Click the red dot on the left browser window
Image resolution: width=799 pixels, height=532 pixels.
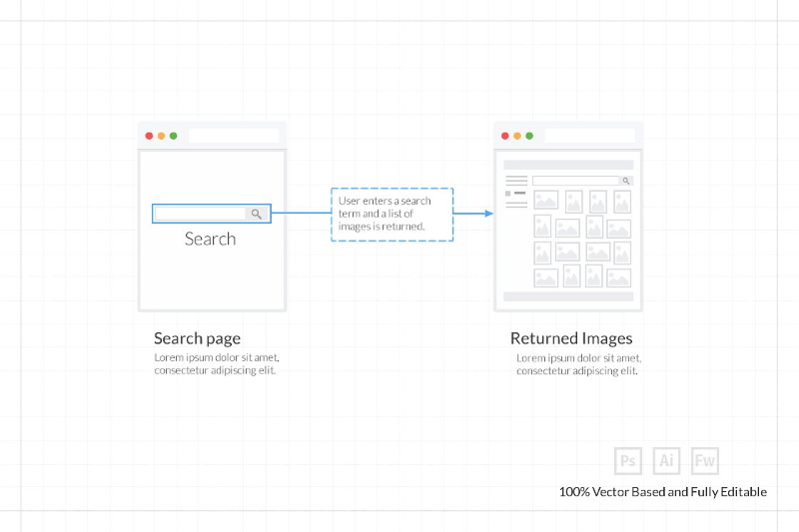click(149, 136)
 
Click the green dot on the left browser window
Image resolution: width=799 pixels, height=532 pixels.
click(174, 136)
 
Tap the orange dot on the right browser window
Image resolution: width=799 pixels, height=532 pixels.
click(517, 136)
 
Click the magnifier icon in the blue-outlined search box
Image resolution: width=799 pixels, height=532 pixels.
click(257, 214)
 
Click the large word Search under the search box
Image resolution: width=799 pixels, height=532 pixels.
click(210, 239)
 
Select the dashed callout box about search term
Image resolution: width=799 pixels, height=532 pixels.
click(392, 214)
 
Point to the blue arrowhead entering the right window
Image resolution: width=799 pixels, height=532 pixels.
click(489, 214)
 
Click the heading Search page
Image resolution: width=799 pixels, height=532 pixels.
click(197, 338)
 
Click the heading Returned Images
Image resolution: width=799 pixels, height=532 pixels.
click(571, 338)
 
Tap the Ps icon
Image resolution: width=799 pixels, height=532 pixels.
click(627, 461)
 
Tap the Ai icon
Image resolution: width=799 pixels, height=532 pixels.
click(666, 461)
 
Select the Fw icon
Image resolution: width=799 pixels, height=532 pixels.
click(705, 461)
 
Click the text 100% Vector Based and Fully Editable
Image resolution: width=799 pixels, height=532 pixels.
click(663, 492)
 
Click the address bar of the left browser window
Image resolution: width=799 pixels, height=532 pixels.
click(234, 136)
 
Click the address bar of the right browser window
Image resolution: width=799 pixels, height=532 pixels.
click(589, 136)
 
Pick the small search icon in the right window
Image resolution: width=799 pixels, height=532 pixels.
click(626, 181)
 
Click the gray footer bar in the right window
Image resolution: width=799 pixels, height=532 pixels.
click(568, 296)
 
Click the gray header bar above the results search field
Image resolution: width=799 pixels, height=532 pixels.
click(568, 165)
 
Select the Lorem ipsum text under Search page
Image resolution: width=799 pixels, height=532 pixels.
click(216, 363)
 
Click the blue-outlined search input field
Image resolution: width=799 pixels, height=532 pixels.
click(200, 214)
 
